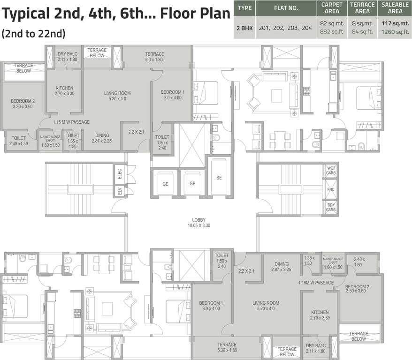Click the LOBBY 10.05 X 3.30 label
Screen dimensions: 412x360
coord(198,223)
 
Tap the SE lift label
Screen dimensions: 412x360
coord(219,178)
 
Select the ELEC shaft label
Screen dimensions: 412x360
coord(120,174)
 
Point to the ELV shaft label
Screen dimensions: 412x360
coord(120,191)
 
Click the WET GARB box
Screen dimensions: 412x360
coord(331,171)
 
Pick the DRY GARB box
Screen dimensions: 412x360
coord(331,207)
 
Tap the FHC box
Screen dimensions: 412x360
coord(331,189)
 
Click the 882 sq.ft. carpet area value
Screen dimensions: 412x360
coord(332,32)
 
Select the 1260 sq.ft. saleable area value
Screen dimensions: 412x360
coord(395,32)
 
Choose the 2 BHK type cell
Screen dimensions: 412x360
coord(244,28)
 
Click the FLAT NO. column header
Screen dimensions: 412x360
coord(286,8)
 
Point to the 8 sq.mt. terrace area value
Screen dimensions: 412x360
coord(362,23)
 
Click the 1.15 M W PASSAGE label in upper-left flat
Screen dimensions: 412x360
coord(71,122)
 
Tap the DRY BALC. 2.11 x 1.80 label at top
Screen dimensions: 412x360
coord(68,57)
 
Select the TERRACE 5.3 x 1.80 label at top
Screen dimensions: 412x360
coord(154,57)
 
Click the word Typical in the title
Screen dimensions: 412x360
coord(26,14)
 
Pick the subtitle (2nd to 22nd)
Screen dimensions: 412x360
coord(33,34)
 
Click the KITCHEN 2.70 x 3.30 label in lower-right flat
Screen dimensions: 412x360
coord(320,315)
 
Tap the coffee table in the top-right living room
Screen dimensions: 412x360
coord(277,96)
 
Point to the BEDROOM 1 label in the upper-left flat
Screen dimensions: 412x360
coord(173,92)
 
